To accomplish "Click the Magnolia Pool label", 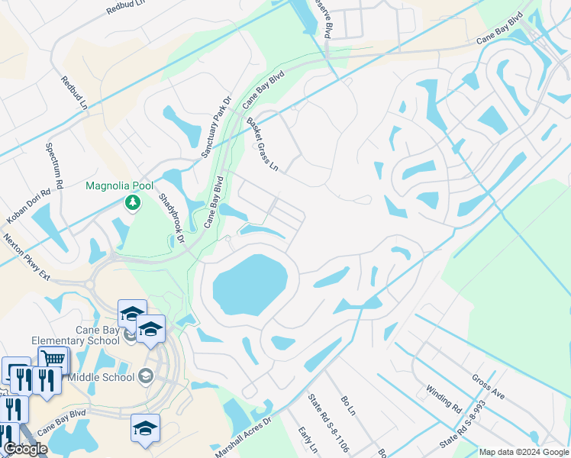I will [x=119, y=185].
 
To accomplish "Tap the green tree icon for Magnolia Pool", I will [x=133, y=202].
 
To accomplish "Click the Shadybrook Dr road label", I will [x=172, y=218].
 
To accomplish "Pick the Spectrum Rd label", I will [x=56, y=164].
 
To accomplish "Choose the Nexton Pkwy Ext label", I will [x=26, y=257].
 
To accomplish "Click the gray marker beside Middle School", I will [x=147, y=376].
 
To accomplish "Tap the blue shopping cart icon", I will [x=53, y=358].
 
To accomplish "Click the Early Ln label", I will [x=308, y=441].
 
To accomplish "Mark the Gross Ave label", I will [x=489, y=386].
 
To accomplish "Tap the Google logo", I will [x=25, y=449].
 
